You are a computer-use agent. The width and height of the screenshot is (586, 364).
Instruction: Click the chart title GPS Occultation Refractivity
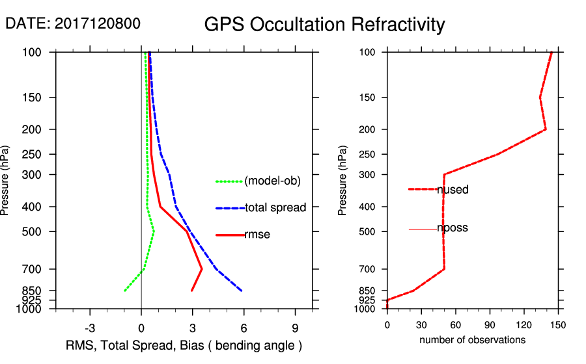pos(324,25)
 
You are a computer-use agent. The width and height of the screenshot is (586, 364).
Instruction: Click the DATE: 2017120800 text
pos(72,23)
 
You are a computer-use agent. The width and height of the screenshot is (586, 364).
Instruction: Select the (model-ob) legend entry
pos(272,181)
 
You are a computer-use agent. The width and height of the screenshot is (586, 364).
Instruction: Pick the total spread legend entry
pos(275,208)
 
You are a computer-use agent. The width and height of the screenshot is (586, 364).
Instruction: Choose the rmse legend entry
pos(257,235)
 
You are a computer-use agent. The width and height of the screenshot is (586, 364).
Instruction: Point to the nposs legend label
pos(453,228)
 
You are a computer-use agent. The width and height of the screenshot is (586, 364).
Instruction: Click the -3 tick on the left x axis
pos(90,328)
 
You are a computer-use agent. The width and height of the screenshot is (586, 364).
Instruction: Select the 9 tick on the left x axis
pos(296,328)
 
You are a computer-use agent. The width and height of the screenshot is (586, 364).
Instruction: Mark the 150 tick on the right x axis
pos(558,325)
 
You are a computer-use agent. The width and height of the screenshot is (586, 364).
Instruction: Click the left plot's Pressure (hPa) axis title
pos(6,180)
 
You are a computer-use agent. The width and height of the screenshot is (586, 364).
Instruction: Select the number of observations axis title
pos(472,340)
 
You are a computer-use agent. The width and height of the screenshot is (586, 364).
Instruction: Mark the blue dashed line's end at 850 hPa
pos(242,291)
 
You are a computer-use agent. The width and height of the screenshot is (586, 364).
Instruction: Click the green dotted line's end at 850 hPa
pos(125,291)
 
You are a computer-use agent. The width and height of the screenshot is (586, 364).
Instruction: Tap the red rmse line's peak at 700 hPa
pos(202,268)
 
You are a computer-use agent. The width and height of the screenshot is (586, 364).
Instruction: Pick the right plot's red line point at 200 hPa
pos(546,129)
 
